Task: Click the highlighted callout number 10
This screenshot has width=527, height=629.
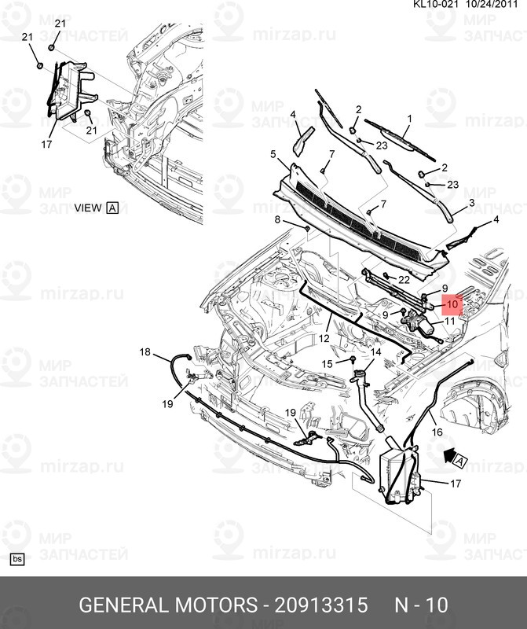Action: tap(452, 304)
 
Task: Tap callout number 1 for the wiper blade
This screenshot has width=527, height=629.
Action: tap(409, 119)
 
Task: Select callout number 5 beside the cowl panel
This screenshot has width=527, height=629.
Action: tap(273, 154)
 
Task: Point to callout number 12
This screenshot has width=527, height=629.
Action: tap(324, 338)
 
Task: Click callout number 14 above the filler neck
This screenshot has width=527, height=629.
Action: tap(376, 352)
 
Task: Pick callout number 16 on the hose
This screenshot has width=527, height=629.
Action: tap(437, 432)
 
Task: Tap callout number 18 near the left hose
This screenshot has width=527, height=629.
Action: tap(145, 351)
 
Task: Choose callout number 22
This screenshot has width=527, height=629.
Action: tap(404, 279)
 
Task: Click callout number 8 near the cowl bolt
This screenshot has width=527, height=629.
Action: tap(277, 219)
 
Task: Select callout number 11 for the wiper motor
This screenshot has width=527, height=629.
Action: tap(450, 321)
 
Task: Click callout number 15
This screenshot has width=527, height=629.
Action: tap(327, 363)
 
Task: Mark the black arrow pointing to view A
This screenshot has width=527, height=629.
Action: tap(450, 456)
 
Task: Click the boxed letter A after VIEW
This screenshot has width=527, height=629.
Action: tap(112, 208)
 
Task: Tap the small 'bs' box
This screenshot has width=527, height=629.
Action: tap(16, 559)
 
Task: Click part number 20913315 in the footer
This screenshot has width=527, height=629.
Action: tap(321, 605)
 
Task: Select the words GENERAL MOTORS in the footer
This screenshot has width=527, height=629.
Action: tap(168, 605)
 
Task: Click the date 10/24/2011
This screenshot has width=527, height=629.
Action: tap(492, 5)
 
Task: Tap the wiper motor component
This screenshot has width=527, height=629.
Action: tap(419, 324)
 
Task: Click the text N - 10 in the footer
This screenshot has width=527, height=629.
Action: tap(421, 605)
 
